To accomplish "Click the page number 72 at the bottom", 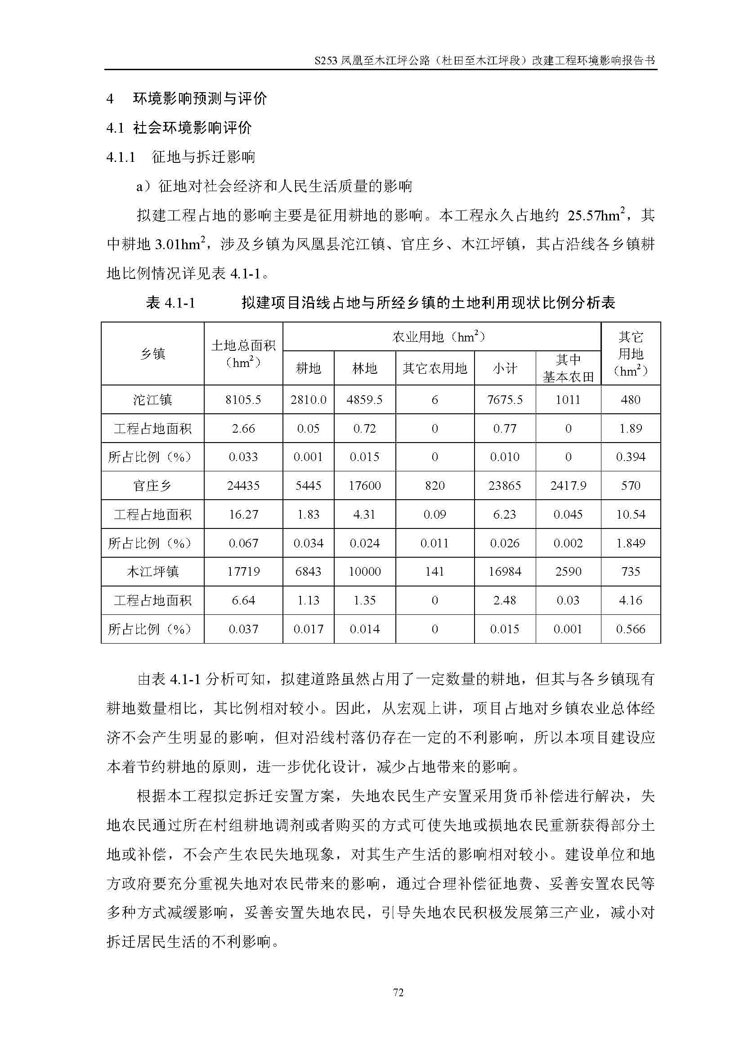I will point(398,993).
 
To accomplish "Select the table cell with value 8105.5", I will point(243,399).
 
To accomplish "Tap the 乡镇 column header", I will point(152,353).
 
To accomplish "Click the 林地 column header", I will point(365,368).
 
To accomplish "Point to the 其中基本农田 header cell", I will point(568,368).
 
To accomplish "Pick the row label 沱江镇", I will point(152,399).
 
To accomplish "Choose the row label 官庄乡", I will point(152,485).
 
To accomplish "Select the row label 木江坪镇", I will point(152,571).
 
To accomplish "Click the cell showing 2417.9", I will point(568,485).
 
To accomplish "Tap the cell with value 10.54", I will point(630,514).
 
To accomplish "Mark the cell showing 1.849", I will point(630,543).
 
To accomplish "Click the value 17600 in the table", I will point(365,485).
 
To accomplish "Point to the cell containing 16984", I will point(505,571).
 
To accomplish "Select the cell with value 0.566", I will point(630,629).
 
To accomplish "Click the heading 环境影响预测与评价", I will point(200,98).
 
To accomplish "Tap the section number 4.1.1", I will point(121,157).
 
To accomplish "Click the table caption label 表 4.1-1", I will point(170,302).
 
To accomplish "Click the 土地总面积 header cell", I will point(243,353).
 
